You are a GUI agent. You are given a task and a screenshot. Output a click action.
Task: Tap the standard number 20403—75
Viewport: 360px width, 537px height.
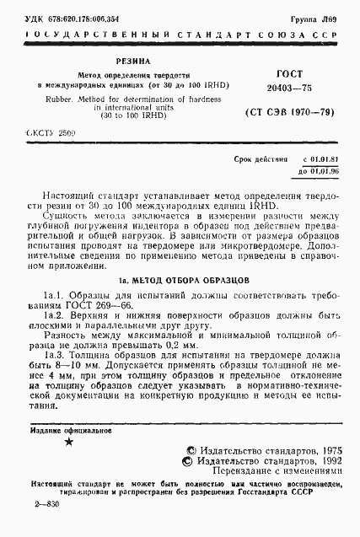(x=268, y=87)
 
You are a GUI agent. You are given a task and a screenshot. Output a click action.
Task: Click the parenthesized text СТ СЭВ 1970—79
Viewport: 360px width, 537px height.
(x=279, y=111)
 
